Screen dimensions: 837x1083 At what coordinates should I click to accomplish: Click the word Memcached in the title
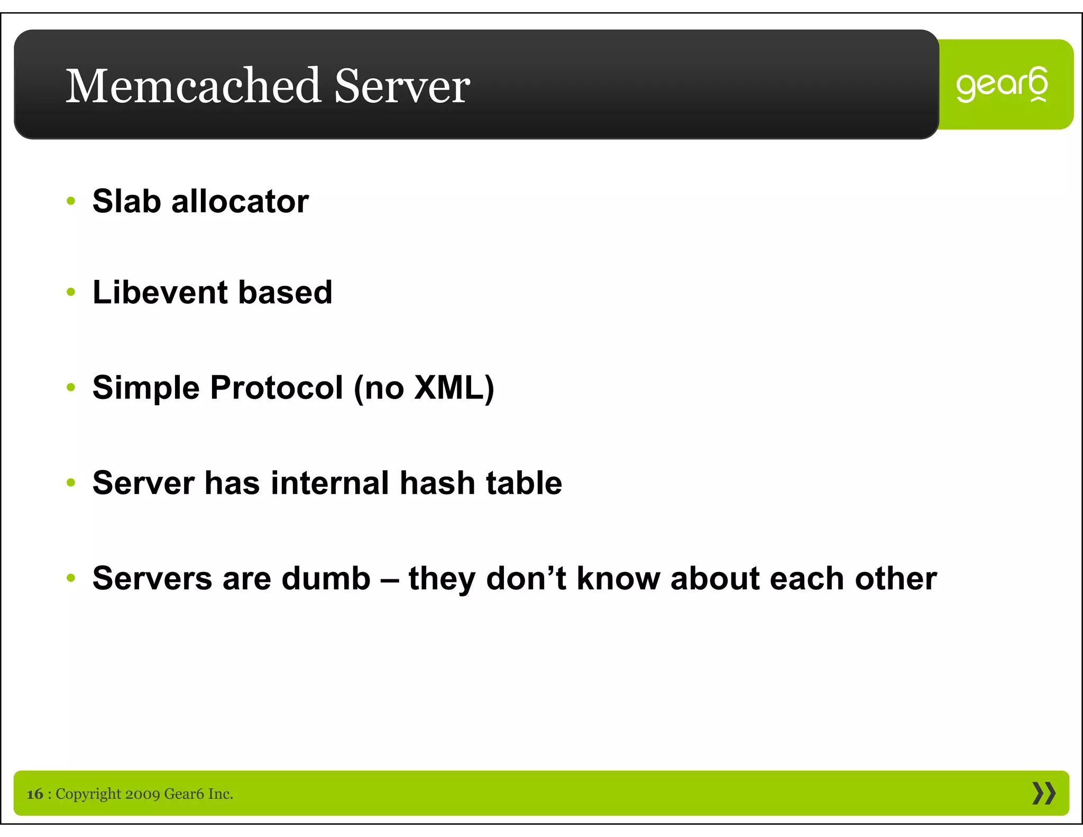(193, 86)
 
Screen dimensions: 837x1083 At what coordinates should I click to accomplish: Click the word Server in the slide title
(402, 86)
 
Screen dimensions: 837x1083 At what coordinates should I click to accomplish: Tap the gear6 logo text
(1002, 85)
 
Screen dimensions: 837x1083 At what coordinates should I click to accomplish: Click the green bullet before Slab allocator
(71, 201)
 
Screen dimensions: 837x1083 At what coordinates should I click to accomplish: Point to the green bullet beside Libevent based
(71, 292)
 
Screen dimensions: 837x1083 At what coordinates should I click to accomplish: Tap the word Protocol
(277, 387)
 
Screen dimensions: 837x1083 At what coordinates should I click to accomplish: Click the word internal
(329, 483)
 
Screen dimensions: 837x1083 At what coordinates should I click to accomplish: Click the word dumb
(326, 578)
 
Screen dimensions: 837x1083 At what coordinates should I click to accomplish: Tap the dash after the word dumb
(390, 579)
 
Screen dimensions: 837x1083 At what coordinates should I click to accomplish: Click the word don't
(526, 578)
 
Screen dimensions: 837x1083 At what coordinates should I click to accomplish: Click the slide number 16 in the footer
(35, 794)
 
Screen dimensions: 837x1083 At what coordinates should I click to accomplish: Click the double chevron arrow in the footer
(1043, 793)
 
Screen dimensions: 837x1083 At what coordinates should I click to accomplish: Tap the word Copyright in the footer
(88, 794)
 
